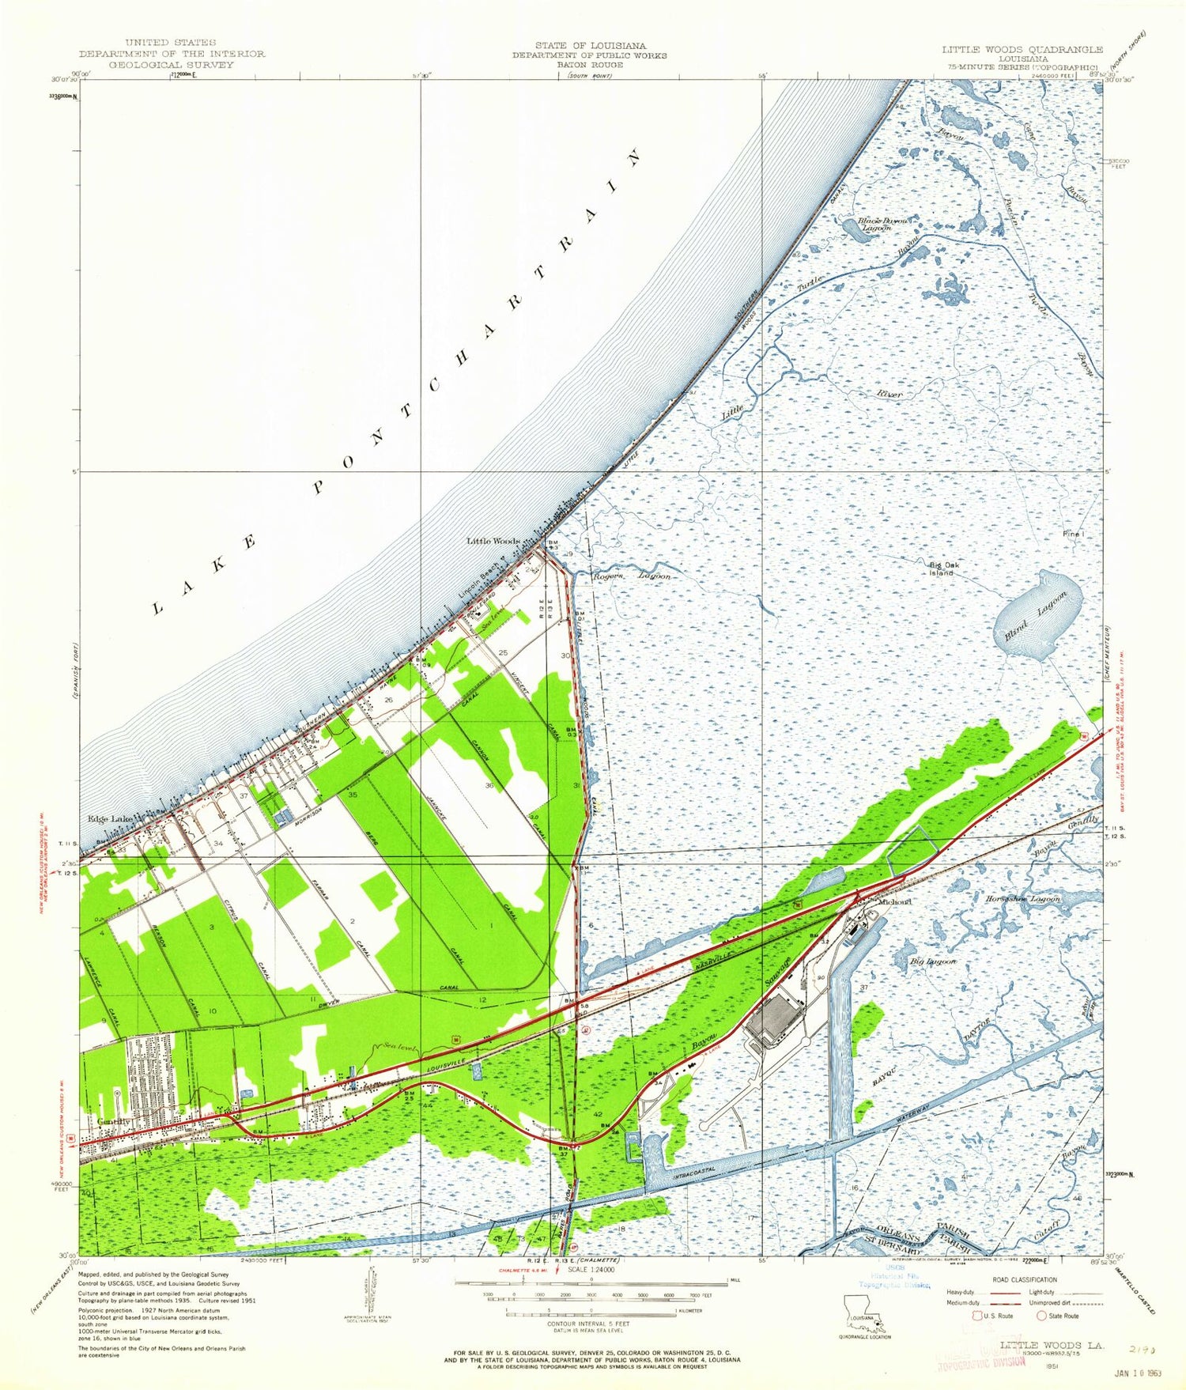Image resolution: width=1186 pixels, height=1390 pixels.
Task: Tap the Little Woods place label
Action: [493, 542]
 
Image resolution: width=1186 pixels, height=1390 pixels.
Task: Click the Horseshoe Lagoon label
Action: [1022, 899]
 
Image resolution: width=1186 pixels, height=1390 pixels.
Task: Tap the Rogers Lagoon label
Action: [632, 576]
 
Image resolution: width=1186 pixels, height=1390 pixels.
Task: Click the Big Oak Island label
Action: [943, 568]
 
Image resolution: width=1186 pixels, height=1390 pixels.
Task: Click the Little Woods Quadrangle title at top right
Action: [1022, 49]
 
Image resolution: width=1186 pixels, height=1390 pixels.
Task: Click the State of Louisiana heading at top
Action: [589, 46]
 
